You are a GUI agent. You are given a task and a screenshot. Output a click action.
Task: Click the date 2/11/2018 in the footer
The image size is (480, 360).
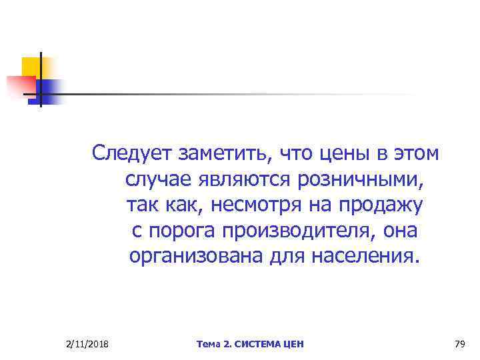[x=89, y=344]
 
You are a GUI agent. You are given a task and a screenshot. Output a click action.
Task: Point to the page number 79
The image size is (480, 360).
[x=459, y=344]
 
